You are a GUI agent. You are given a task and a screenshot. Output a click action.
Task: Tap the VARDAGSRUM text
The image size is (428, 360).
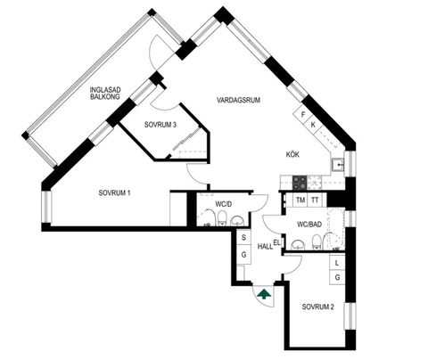pyautogui.click(x=238, y=100)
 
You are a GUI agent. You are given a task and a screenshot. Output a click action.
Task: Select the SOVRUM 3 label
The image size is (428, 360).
pyautogui.click(x=160, y=124)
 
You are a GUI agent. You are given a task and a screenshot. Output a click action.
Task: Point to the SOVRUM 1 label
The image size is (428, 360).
pyautogui.click(x=116, y=192)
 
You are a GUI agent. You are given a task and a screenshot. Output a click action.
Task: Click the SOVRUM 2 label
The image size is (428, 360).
pyautogui.click(x=318, y=307)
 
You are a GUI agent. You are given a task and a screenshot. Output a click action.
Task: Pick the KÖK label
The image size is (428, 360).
pyautogui.click(x=292, y=153)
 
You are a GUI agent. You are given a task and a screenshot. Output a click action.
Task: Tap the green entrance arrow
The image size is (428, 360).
pyautogui.click(x=264, y=292)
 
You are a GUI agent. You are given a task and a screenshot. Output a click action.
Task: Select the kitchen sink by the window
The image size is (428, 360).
pyautogui.click(x=338, y=166)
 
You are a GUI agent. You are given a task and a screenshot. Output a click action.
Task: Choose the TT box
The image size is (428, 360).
pyautogui.click(x=316, y=200)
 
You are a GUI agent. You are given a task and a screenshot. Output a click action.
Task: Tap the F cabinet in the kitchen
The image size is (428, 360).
pyautogui.click(x=303, y=115)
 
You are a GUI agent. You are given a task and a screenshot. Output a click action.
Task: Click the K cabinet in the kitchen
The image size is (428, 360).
pyautogui.click(x=313, y=126)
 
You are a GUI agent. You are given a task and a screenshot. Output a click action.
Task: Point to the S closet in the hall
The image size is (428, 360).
pyautogui.click(x=244, y=237)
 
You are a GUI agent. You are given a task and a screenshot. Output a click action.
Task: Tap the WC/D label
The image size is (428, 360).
pyautogui.click(x=224, y=205)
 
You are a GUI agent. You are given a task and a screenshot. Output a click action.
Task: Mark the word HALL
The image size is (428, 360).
pyautogui.click(x=264, y=246)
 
